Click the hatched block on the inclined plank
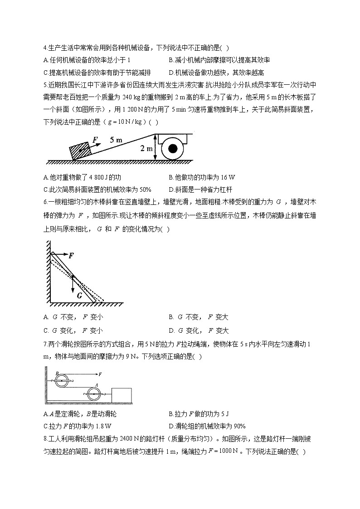(80, 150)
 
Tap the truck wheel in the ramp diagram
(172, 149)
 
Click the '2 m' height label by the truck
(146, 149)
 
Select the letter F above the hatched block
(95, 140)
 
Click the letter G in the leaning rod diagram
(79, 295)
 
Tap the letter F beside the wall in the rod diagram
(71, 256)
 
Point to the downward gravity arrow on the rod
(73, 283)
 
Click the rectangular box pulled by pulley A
(121, 394)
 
